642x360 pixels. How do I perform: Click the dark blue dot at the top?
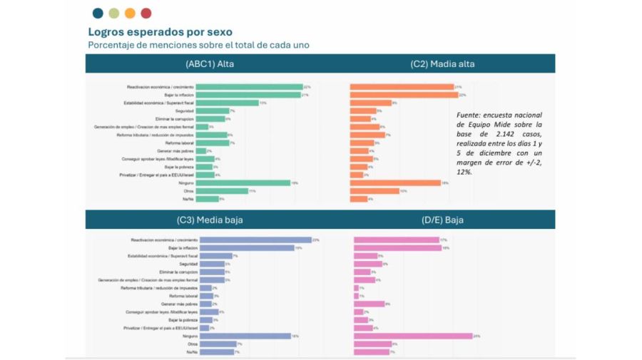(x=98, y=13)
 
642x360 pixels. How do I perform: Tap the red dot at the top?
(x=146, y=13)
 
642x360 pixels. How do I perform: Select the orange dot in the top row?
(x=130, y=13)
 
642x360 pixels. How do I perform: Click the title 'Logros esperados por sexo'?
(x=160, y=32)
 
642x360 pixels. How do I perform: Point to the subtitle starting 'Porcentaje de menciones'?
(x=198, y=45)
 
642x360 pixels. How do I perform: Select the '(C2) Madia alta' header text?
(x=442, y=63)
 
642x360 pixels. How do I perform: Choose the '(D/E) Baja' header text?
(x=442, y=220)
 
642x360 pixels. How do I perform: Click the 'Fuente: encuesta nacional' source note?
(x=499, y=143)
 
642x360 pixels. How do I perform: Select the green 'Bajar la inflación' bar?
(x=248, y=95)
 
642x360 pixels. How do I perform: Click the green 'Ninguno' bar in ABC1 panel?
(x=243, y=182)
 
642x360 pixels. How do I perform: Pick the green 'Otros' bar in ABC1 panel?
(x=221, y=191)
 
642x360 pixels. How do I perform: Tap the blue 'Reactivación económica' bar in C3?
(x=255, y=240)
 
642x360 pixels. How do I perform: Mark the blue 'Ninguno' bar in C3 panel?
(x=245, y=336)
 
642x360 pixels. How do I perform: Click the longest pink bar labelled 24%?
(x=413, y=336)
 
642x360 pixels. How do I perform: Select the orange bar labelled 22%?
(x=403, y=95)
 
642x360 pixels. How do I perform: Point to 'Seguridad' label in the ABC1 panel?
(x=183, y=110)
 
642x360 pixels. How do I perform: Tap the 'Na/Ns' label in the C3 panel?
(x=191, y=351)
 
